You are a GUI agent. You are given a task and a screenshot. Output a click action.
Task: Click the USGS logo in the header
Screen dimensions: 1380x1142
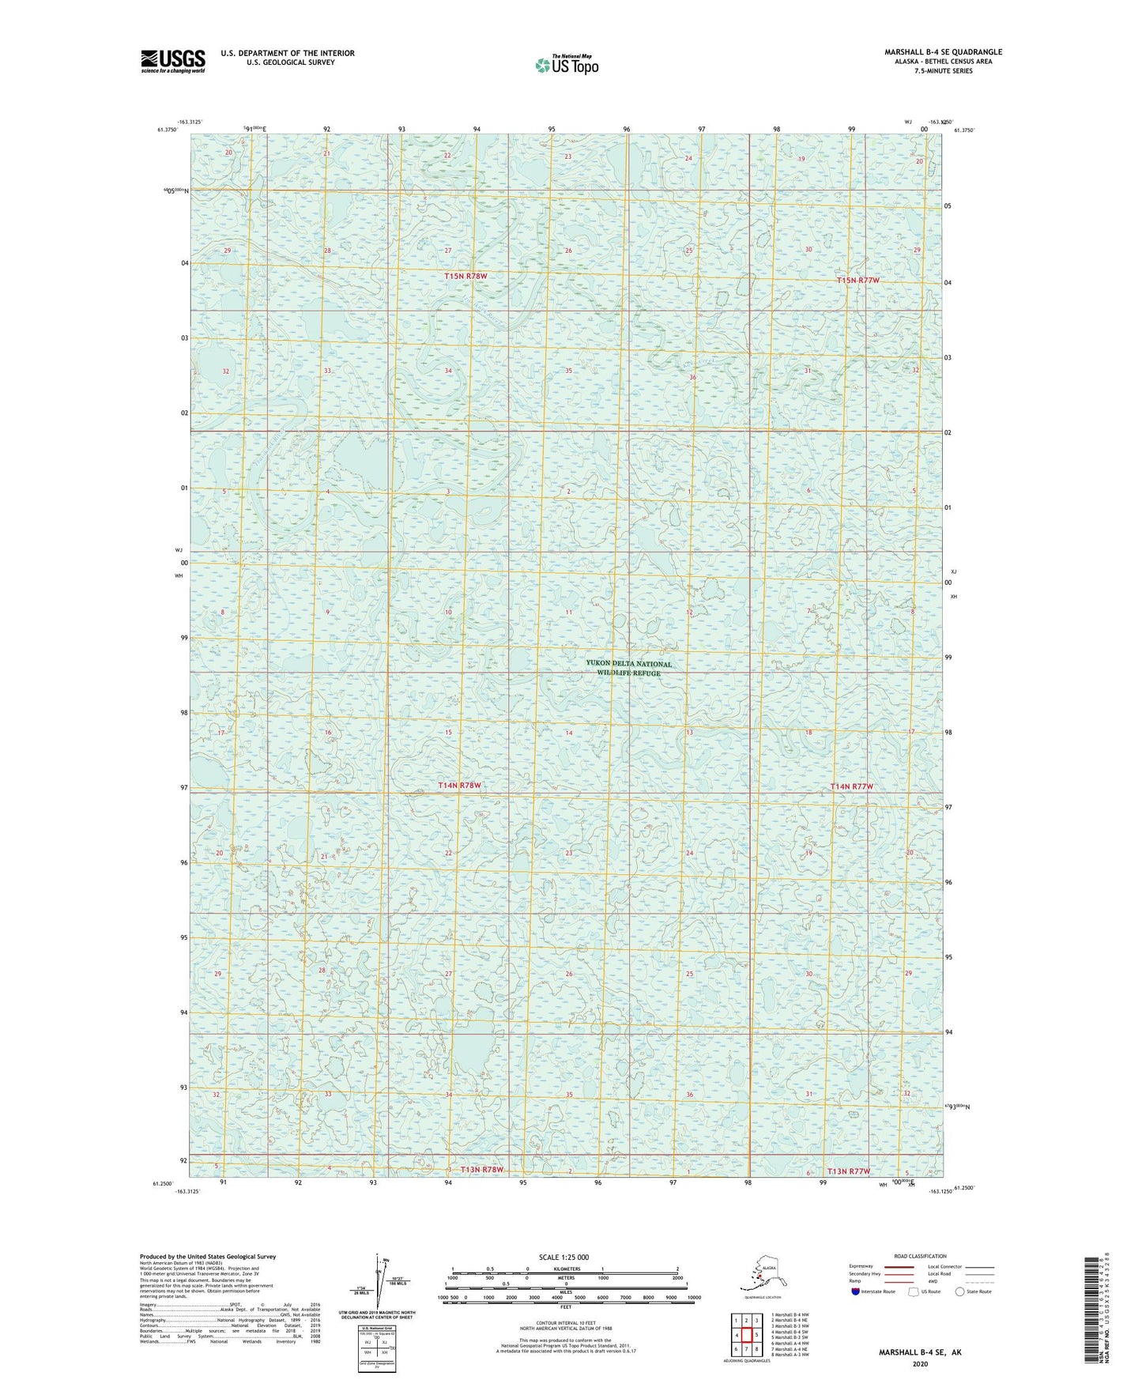172,61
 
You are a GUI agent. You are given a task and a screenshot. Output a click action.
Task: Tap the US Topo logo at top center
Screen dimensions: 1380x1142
566,65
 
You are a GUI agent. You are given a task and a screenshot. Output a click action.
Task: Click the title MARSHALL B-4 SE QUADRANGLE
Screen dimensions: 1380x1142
943,52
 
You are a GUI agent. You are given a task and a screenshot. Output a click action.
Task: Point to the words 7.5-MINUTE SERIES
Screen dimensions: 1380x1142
943,71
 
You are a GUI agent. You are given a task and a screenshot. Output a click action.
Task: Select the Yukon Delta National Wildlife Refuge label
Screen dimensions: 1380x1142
629,669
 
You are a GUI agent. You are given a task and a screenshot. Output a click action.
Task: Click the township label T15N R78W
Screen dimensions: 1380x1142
465,276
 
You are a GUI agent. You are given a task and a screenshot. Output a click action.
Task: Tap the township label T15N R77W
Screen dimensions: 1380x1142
858,281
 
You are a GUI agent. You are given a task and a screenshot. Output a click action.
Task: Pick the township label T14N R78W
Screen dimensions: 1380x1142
459,786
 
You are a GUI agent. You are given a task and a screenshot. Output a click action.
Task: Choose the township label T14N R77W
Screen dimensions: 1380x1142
852,786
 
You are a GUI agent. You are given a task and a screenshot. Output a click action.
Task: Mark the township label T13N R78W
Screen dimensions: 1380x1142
482,1170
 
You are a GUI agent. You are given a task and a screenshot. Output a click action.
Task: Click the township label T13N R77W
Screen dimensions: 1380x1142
848,1171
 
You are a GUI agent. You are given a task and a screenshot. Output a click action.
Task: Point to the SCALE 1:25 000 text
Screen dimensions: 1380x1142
564,1257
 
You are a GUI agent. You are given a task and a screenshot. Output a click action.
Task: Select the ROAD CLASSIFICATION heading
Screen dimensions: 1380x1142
920,1256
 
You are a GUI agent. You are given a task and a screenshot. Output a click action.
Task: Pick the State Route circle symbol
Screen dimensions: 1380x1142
960,1292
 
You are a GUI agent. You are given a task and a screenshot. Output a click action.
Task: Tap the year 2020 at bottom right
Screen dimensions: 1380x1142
920,1363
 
